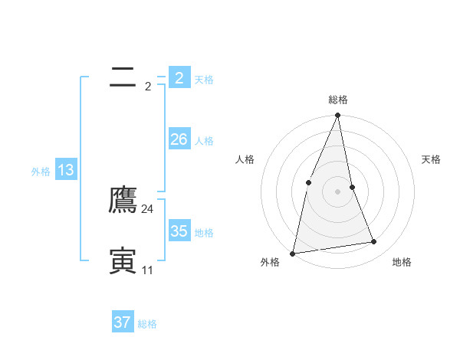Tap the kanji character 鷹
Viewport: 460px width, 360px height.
point(123,201)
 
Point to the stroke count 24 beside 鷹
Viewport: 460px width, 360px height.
point(148,208)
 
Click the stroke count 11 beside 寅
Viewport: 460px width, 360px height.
point(147,270)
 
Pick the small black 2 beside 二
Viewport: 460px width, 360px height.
point(148,86)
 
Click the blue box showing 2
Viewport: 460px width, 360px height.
point(179,78)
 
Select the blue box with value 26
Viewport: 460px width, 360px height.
point(179,139)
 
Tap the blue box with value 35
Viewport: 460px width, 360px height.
point(179,231)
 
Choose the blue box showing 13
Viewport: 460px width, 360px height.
point(66,170)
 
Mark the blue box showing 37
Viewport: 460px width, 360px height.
point(123,322)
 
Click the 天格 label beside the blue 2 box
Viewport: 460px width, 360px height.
point(204,80)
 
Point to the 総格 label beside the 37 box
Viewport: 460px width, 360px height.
point(147,324)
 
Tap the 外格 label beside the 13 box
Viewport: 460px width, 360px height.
point(41,172)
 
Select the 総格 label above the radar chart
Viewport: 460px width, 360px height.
point(338,100)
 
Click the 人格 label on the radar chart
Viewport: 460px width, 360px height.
point(245,159)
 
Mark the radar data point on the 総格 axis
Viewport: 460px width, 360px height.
point(338,116)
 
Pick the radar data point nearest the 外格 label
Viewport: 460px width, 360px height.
point(293,253)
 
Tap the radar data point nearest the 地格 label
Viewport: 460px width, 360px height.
point(374,242)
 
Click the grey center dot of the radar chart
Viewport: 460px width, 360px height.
point(338,191)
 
